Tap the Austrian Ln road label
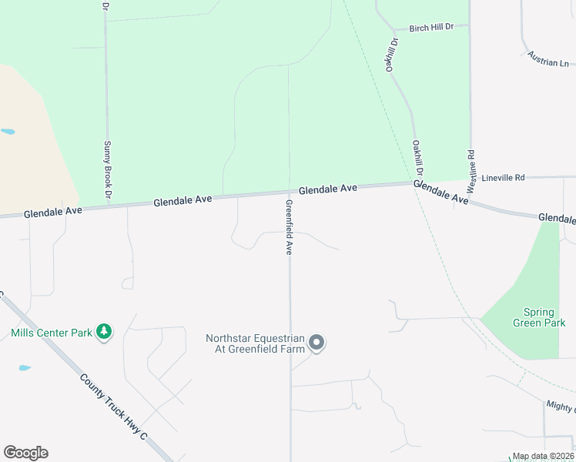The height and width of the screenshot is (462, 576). (548, 59)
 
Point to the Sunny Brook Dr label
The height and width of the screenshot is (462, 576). (108, 169)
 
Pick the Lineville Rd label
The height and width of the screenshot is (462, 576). (503, 177)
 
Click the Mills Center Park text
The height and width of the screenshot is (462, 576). (52, 333)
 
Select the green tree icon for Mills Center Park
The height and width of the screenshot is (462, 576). (104, 333)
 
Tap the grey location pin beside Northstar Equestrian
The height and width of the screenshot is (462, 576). (316, 343)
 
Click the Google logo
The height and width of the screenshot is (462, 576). (25, 453)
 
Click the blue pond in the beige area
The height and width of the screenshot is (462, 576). (7, 132)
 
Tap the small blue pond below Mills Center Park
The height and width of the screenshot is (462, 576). (25, 368)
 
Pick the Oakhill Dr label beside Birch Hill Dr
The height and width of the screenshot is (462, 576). (391, 55)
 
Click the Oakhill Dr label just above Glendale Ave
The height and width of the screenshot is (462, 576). (418, 159)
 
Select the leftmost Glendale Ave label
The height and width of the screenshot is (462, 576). (52, 211)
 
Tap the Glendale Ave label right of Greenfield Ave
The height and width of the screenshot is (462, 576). (328, 189)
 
